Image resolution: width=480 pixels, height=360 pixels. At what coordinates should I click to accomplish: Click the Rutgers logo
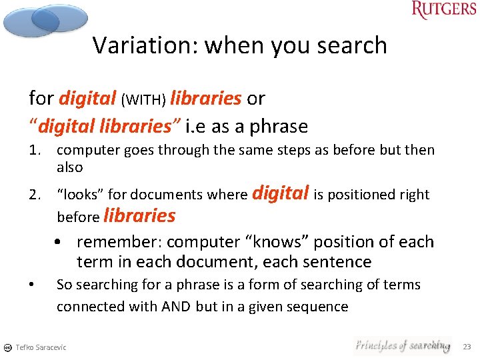coord(443,11)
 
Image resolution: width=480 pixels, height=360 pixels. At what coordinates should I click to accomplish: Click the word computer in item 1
coord(85,151)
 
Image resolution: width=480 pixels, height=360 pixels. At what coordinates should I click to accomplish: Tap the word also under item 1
coord(69,167)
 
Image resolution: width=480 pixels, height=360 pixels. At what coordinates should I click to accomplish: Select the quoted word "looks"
coord(80,195)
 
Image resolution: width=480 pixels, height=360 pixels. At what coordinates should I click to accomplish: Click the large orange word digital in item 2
coord(281,193)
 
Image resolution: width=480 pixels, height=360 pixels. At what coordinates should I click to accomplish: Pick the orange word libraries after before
coord(139,215)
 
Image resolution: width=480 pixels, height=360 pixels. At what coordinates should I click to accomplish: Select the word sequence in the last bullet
coord(315,307)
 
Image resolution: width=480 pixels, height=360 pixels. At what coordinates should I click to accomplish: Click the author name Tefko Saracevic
coord(41,347)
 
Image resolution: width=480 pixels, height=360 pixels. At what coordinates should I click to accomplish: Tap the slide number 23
coord(466,347)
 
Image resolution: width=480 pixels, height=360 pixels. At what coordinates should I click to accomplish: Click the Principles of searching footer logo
coord(401,345)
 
